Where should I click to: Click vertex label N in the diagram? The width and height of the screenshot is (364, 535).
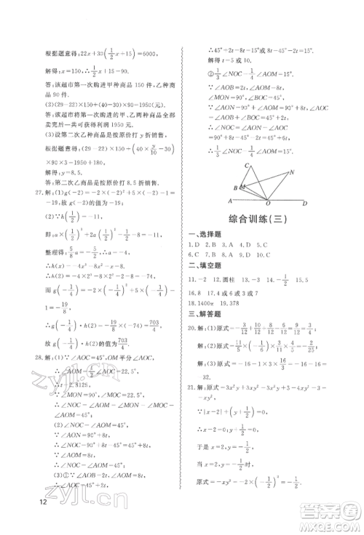[x=291, y=172]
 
